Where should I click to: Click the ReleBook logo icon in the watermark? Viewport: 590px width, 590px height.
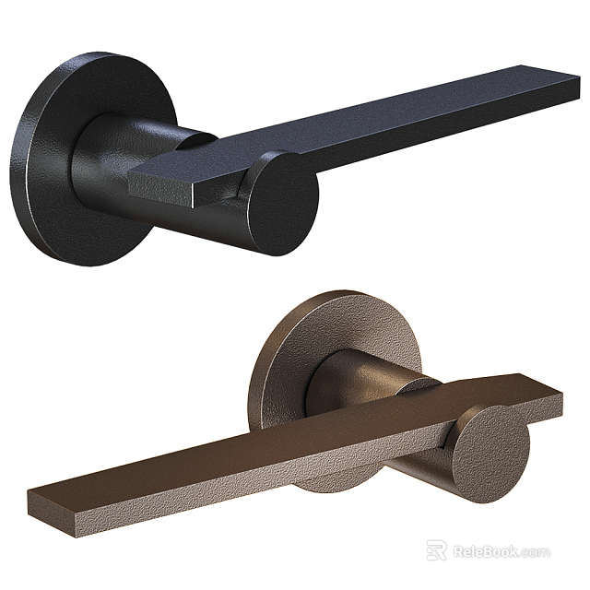[436, 550]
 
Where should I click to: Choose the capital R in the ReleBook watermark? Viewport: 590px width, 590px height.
[458, 551]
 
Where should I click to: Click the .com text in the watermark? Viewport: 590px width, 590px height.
[535, 552]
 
